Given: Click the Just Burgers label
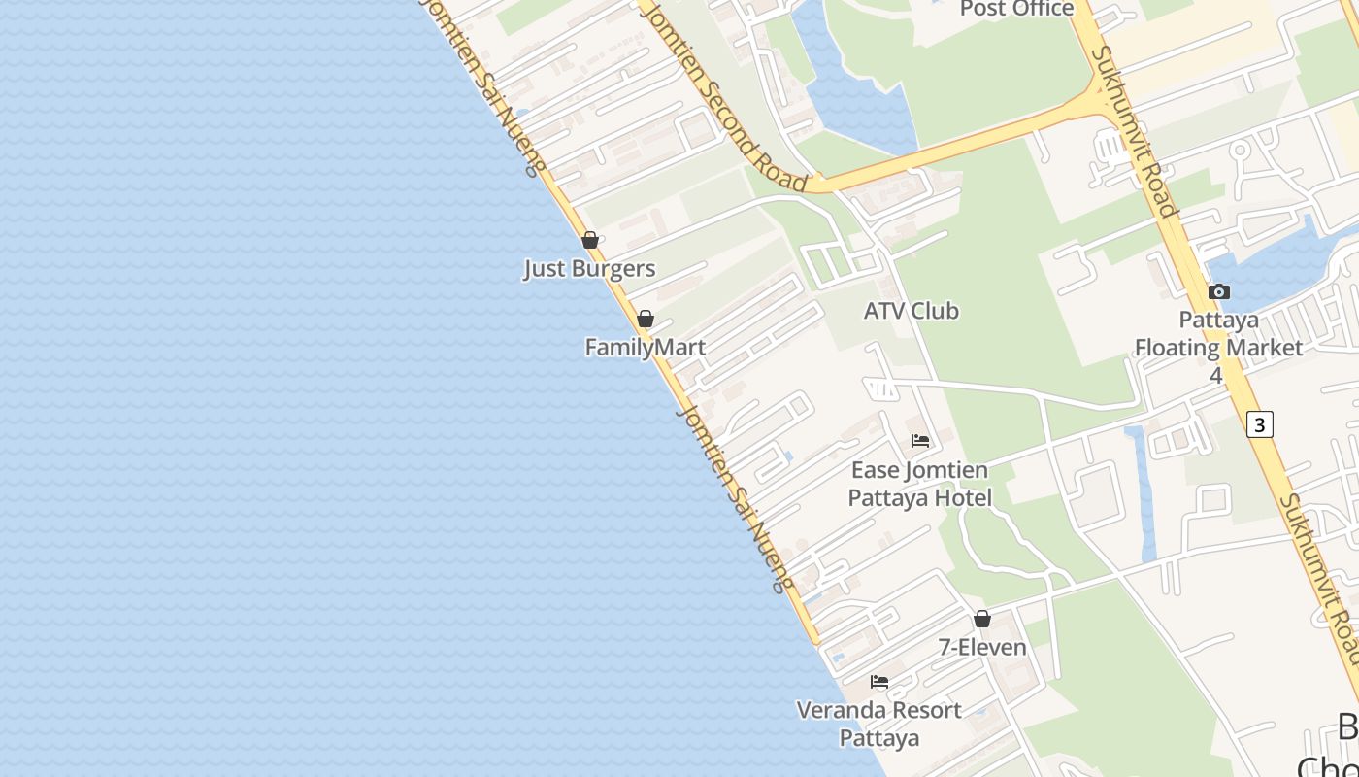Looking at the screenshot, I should [x=589, y=269].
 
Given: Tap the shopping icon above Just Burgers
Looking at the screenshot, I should [x=590, y=240].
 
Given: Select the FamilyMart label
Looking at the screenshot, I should [x=645, y=347].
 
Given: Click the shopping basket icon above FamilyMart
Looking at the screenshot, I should [x=646, y=319].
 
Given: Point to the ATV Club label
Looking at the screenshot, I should [x=912, y=311].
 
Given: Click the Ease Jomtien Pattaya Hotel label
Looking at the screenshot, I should [x=919, y=485].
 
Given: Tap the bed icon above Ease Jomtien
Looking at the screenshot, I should [x=920, y=441].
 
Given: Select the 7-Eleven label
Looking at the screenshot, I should [x=982, y=647].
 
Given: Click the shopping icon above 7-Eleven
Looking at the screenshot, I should [x=982, y=619].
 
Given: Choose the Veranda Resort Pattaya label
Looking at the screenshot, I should [x=879, y=724].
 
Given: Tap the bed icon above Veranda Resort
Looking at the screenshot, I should [x=879, y=682].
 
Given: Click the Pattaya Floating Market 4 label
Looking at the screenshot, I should [x=1218, y=347].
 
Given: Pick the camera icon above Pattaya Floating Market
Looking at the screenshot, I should [x=1219, y=291].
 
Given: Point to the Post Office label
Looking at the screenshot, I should [x=1016, y=9].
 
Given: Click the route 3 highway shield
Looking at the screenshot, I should [x=1259, y=424].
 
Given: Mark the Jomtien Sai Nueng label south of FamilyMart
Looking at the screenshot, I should [x=735, y=499].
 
